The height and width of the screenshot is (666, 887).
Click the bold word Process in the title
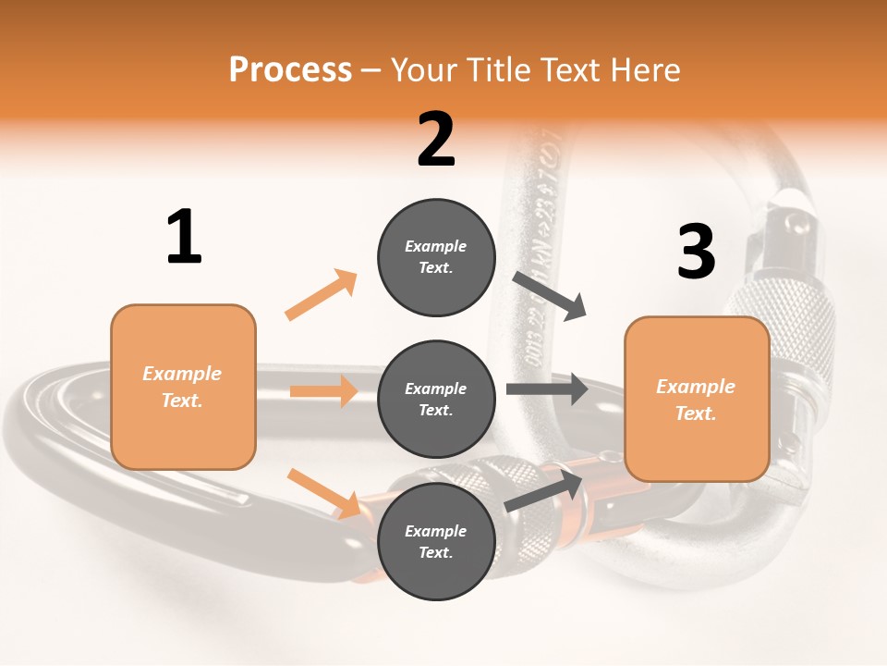pyautogui.click(x=290, y=69)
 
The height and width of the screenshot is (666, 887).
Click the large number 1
pyautogui.click(x=184, y=237)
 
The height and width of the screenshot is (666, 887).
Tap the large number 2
pyautogui.click(x=436, y=140)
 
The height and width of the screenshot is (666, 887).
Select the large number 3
pyautogui.click(x=696, y=252)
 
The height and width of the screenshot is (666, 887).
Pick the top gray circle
pyautogui.click(x=436, y=257)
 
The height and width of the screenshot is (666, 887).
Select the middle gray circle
pyautogui.click(x=436, y=399)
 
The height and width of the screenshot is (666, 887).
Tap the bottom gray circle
pyautogui.click(x=436, y=541)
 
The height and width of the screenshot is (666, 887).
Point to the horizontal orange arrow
pyautogui.click(x=323, y=391)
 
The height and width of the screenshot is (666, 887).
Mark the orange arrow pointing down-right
pyautogui.click(x=323, y=493)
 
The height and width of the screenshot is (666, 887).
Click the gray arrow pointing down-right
pyautogui.click(x=551, y=296)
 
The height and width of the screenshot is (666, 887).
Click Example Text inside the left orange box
pyautogui.click(x=182, y=387)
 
